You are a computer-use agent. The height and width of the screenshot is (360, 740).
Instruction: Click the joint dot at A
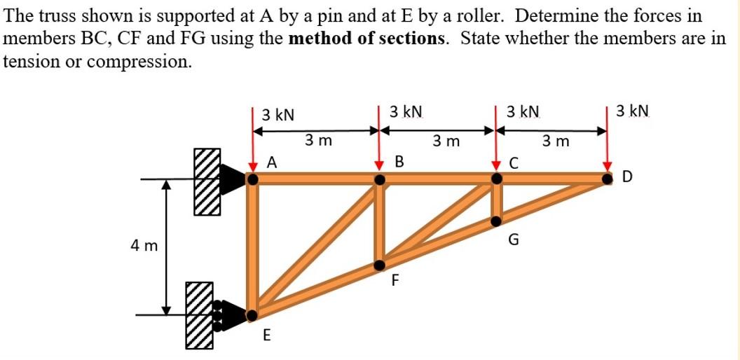[253, 180]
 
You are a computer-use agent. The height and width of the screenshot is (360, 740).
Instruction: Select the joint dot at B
[380, 180]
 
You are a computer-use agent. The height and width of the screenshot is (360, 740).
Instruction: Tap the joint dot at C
[496, 180]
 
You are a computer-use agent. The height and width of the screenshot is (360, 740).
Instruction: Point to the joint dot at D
[607, 179]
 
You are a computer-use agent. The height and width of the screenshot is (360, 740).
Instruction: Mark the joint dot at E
[253, 315]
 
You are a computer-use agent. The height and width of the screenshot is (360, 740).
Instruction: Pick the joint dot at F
[380, 265]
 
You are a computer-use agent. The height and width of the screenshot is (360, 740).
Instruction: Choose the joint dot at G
[496, 221]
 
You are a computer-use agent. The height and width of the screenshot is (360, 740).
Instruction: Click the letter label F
[395, 281]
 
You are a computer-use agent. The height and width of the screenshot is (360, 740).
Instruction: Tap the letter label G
[514, 242]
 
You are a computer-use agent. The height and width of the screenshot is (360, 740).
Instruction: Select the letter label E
[266, 335]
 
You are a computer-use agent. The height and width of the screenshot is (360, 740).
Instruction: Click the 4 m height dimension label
[144, 246]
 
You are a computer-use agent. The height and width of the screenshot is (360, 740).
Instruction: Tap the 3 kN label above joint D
[633, 111]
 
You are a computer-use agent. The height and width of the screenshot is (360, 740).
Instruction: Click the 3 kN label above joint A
[278, 114]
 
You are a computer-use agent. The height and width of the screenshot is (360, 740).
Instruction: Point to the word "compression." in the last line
[143, 60]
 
